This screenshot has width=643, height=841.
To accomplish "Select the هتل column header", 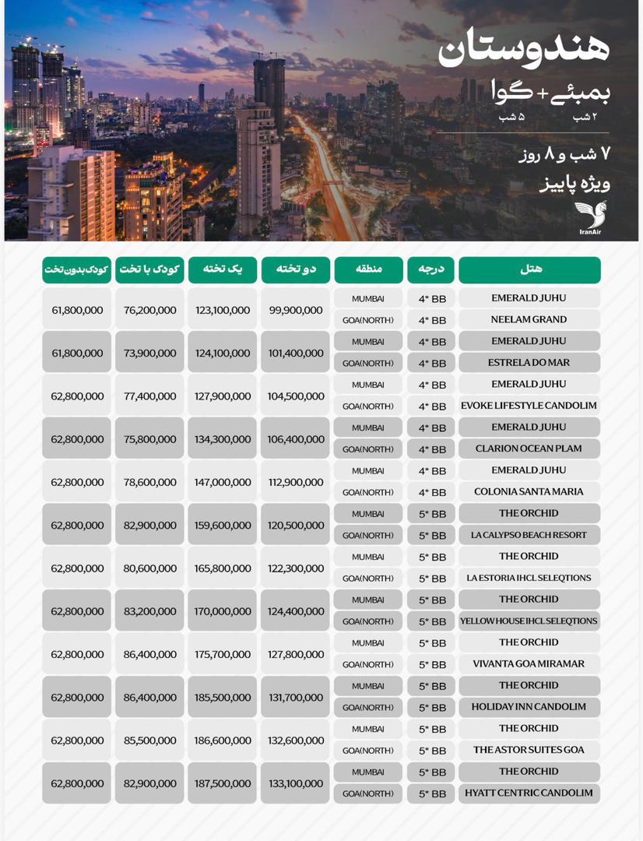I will (x=529, y=269).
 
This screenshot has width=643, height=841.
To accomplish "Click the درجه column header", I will (x=430, y=269).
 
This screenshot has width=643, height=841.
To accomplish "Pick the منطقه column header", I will (x=368, y=269).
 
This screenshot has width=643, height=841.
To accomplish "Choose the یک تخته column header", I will (x=223, y=269).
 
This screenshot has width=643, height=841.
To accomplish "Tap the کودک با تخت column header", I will (x=149, y=269).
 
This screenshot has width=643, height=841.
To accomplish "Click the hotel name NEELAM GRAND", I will (x=529, y=319).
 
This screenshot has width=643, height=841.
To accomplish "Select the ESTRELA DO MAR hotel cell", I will (x=529, y=363).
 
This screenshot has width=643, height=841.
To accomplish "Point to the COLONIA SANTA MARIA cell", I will (x=529, y=492).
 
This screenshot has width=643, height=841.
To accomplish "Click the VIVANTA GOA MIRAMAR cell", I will (x=529, y=664).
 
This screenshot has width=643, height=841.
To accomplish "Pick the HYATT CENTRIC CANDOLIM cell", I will (x=529, y=793).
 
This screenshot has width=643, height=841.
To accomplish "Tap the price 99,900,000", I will (x=296, y=310).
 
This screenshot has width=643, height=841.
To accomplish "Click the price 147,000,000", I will (x=223, y=482).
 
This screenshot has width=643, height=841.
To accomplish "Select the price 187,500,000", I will (x=223, y=783).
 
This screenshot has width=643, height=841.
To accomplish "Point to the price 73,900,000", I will (x=149, y=353).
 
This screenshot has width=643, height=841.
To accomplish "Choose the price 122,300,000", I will (x=296, y=568).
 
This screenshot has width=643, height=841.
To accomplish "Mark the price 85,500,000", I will (x=149, y=741).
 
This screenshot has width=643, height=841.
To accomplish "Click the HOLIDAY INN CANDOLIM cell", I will (x=529, y=707).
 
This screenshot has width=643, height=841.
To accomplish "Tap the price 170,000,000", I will (x=223, y=611).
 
